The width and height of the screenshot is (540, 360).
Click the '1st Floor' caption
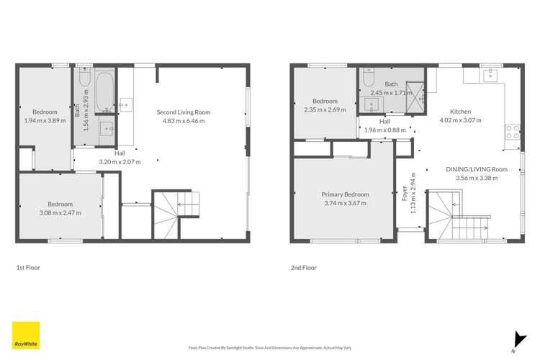[x=28, y=267]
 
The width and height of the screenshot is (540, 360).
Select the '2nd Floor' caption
[x=303, y=267]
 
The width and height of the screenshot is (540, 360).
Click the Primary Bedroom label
[x=346, y=194]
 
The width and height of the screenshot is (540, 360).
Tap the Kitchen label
[x=460, y=112]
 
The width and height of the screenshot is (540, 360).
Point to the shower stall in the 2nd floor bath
[x=416, y=94]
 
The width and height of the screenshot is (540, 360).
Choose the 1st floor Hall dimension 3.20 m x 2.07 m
[x=119, y=162]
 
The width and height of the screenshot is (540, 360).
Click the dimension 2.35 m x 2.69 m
[x=325, y=110]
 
